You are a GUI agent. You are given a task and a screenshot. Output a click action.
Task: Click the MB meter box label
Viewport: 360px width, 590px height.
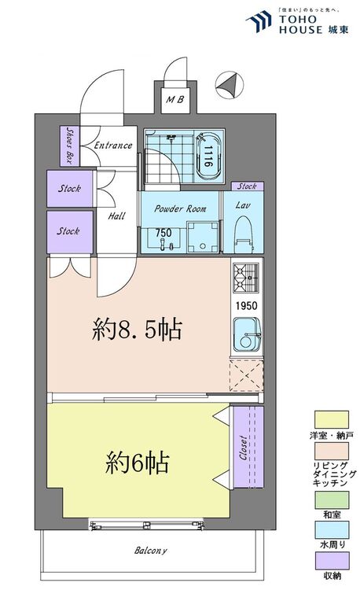point(175,100)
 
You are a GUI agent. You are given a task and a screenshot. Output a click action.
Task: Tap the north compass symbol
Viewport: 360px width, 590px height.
point(230,85)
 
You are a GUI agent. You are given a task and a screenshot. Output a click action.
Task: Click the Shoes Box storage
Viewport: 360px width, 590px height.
point(70,146)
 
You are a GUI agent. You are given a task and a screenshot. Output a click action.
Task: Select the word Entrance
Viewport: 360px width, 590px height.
point(112,146)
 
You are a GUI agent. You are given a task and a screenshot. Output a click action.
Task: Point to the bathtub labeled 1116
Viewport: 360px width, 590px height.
point(208,156)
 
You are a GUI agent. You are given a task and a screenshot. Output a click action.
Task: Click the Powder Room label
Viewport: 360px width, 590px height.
point(180,208)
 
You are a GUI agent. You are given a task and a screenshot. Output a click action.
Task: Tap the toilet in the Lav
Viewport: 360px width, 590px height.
point(244,234)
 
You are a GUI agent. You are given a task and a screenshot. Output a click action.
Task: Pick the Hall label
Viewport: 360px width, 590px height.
point(116,216)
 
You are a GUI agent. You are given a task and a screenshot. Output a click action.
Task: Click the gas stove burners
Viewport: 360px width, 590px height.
point(246,278)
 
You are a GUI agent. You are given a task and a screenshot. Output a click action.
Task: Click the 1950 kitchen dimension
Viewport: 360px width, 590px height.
point(247,305)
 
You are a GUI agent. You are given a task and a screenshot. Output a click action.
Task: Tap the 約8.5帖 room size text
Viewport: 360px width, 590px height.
point(137,330)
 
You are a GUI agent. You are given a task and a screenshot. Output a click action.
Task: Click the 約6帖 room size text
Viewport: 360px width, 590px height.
point(137,462)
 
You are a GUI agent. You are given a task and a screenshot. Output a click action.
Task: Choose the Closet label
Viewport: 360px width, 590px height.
point(244,448)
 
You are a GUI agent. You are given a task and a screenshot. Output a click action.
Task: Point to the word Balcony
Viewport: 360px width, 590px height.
point(151,551)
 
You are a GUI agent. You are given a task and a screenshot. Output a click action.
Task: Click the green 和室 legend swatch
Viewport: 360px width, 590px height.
point(332,500)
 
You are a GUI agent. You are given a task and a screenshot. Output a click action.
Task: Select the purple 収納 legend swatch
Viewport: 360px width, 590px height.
point(332,561)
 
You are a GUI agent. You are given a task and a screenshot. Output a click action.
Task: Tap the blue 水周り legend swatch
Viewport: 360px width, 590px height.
point(332,530)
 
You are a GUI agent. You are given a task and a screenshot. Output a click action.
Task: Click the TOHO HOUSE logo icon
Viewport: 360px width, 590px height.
point(259,21)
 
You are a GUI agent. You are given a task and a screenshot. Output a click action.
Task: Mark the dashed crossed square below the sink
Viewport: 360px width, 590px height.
point(246,375)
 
